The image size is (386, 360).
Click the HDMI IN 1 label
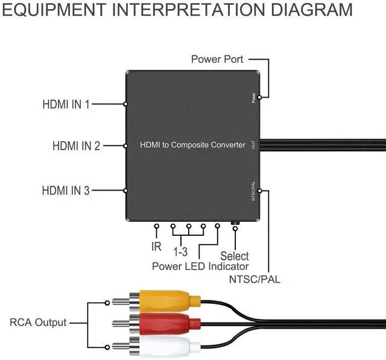point(66,104)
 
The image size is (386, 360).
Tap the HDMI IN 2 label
point(76,146)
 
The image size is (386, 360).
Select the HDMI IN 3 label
point(66,191)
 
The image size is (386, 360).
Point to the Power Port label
point(217,59)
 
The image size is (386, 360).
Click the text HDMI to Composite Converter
point(192,145)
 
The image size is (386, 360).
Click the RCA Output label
point(38,323)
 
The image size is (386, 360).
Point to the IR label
point(156,247)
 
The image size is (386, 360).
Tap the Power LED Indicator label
point(200,266)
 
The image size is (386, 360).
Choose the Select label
point(235,256)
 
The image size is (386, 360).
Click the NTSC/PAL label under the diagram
point(255,279)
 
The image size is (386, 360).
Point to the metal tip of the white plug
point(120,347)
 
